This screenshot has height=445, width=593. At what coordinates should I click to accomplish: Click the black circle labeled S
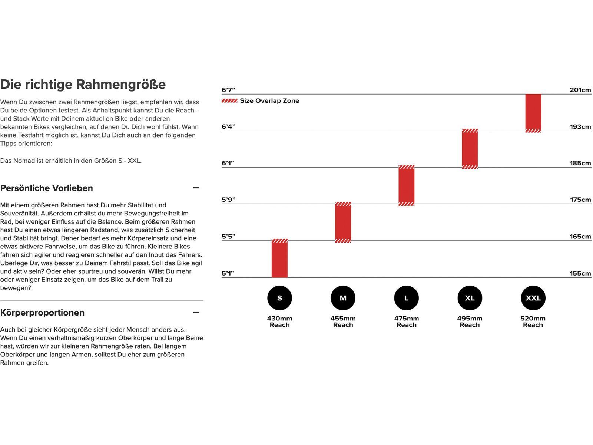[279, 298]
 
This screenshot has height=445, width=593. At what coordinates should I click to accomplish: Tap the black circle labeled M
[343, 298]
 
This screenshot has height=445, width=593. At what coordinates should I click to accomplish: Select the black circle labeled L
[406, 298]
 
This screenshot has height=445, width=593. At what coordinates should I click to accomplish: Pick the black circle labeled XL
[470, 298]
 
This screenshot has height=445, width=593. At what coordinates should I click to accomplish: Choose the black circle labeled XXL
[533, 298]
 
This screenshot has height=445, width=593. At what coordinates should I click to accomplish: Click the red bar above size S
[279, 258]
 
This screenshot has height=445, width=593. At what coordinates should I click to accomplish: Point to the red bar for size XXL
[533, 113]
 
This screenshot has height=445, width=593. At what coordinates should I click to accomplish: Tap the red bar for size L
[406, 185]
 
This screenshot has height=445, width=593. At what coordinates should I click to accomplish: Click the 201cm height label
[580, 90]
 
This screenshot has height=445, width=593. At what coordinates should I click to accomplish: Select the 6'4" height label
[228, 126]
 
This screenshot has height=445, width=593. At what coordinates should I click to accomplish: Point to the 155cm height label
[580, 273]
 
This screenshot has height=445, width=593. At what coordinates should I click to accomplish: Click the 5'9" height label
[228, 200]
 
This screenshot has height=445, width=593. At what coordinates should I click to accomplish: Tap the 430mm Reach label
[279, 322]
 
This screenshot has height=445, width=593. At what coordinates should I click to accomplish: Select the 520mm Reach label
[533, 322]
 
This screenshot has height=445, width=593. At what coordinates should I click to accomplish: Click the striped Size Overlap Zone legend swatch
[229, 100]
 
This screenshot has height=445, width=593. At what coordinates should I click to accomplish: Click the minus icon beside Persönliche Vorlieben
[196, 188]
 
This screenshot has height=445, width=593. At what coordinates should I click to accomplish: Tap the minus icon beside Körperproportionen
[196, 312]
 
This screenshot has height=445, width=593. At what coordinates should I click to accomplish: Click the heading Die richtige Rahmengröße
[83, 84]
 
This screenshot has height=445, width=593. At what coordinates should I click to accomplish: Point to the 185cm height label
[580, 163]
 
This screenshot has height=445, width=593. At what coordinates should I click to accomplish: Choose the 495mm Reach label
[470, 322]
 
